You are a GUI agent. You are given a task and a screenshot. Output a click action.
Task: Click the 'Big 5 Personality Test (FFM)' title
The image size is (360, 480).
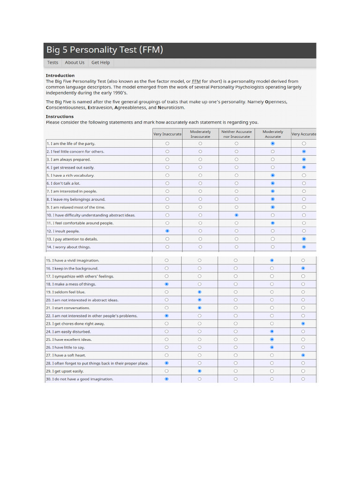[x=105, y=50]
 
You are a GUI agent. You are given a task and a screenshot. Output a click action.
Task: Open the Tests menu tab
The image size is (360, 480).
[x=53, y=62]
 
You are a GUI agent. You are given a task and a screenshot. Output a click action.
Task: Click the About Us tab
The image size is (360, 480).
[x=75, y=62]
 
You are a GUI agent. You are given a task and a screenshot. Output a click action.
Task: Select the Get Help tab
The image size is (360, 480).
[x=100, y=62]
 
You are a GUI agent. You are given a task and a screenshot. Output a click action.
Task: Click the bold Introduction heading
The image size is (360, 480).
[x=60, y=75]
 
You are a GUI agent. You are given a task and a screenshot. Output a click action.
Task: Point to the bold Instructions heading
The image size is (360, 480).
[x=60, y=116]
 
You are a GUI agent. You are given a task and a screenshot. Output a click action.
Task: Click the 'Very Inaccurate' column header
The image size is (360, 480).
[x=167, y=134]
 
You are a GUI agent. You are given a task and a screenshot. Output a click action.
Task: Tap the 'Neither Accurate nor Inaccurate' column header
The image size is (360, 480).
[x=236, y=134]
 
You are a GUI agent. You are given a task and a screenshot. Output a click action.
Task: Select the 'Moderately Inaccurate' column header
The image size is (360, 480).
[x=200, y=134]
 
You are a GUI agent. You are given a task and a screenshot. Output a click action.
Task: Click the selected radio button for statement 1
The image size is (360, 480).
[x=273, y=143]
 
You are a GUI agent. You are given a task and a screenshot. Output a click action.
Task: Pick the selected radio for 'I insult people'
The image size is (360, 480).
[x=167, y=231]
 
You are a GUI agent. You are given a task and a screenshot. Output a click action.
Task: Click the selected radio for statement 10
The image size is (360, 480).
[x=236, y=215]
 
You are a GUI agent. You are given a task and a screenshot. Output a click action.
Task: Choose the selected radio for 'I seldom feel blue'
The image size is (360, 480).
[x=200, y=292]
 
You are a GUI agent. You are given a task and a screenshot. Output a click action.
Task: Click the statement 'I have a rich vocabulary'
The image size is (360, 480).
[x=71, y=175]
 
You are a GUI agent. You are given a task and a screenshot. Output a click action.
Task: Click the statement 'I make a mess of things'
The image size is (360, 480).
[x=72, y=284]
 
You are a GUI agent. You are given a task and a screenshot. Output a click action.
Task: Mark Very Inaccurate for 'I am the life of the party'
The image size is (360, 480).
[x=167, y=143]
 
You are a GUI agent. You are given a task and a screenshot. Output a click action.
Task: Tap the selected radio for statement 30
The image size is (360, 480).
[x=167, y=379]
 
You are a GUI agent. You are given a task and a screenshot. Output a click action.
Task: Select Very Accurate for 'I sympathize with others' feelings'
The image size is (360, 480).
[x=303, y=276]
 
